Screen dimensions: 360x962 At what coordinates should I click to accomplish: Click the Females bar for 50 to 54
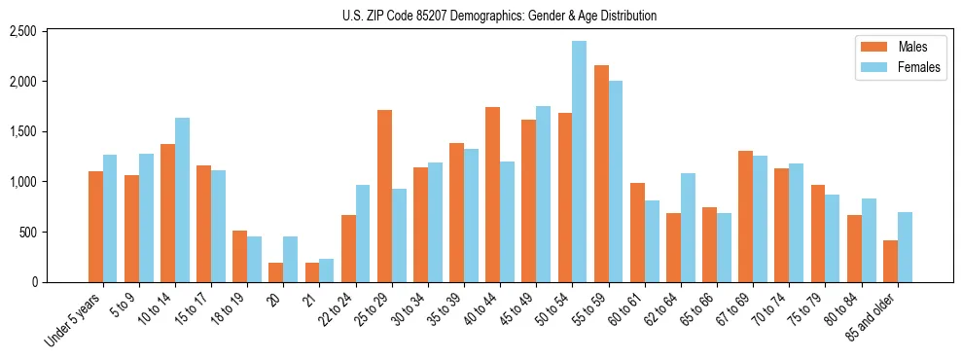pyautogui.click(x=579, y=162)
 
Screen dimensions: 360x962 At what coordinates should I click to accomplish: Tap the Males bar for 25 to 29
pyautogui.click(x=384, y=196)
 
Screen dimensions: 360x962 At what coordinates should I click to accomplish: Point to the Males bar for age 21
pyautogui.click(x=312, y=272)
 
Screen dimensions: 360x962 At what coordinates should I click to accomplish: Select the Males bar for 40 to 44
pyautogui.click(x=492, y=195)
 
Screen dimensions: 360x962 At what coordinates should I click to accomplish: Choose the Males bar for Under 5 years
pyautogui.click(x=95, y=227)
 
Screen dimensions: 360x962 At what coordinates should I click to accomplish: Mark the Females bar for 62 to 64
pyautogui.click(x=688, y=228)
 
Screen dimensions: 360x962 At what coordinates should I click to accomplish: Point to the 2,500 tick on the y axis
pyautogui.click(x=50, y=31)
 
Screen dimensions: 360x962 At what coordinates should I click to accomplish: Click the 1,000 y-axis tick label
pyautogui.click(x=50, y=182)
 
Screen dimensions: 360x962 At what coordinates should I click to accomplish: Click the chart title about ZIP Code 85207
pyautogui.click(x=500, y=16)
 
